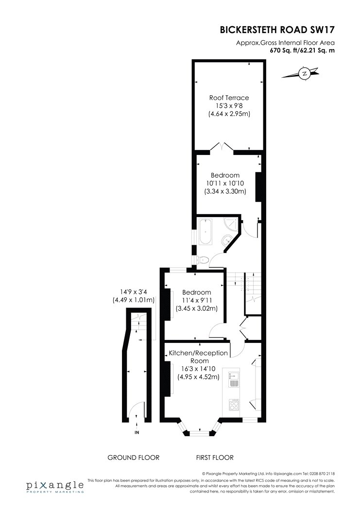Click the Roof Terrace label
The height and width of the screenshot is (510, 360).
[x=229, y=98]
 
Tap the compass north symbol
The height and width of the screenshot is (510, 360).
[x=305, y=73]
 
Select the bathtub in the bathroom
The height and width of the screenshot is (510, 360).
[x=206, y=232]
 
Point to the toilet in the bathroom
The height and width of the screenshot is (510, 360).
[x=203, y=260]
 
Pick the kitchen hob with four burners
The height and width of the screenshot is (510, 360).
[x=234, y=404]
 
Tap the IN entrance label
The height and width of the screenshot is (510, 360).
[x=137, y=432]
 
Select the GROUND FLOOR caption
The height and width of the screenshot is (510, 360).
[x=133, y=458]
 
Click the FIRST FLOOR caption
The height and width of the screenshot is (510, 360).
[x=215, y=458]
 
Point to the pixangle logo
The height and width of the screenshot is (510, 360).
[x=55, y=487]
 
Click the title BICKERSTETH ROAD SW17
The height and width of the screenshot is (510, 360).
[x=277, y=30]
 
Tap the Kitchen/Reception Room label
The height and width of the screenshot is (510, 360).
[x=198, y=357]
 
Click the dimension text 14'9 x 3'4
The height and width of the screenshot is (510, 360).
[x=133, y=292]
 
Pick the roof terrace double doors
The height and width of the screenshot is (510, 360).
[x=222, y=147]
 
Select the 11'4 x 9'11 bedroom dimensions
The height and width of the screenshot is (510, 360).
[x=196, y=300]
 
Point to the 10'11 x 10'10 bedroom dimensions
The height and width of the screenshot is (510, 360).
[x=225, y=184]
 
